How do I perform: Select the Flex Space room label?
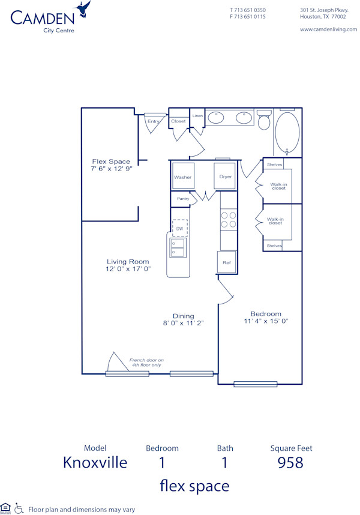click(111, 161)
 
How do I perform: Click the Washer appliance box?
click(183, 176)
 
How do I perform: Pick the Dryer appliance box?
click(226, 176)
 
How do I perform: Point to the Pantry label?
click(182, 199)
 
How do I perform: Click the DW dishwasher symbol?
click(179, 229)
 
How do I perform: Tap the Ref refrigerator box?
click(226, 262)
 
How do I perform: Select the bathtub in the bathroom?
click(287, 133)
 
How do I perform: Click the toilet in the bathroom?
click(264, 121)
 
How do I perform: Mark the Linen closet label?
click(197, 115)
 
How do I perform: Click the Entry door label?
click(154, 121)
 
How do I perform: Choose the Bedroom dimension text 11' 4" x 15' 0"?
click(266, 321)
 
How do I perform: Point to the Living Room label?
click(128, 261)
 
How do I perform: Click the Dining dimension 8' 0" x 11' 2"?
click(184, 323)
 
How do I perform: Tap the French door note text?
click(146, 363)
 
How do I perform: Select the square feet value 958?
click(291, 463)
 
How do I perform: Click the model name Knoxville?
click(95, 463)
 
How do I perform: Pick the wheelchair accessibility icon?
click(19, 508)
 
